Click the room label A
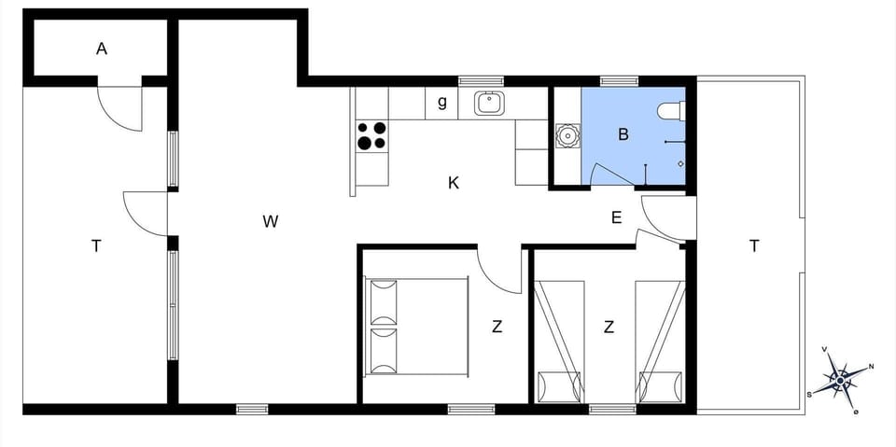[x=102, y=49]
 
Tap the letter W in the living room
[x=271, y=221]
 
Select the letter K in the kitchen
[x=454, y=183]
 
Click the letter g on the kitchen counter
[x=442, y=103]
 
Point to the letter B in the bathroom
[x=623, y=134]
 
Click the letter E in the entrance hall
[x=616, y=218]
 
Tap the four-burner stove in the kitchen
[x=371, y=135]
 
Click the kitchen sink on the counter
[x=488, y=102]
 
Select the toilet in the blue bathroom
[x=671, y=111]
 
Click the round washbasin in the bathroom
[x=567, y=136]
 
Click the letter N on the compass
[x=871, y=367]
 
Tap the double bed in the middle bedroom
[x=416, y=326]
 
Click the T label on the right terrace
[x=754, y=246]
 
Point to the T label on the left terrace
[x=96, y=246]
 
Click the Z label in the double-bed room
[x=497, y=327]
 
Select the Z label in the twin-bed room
[x=609, y=327]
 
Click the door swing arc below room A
[x=121, y=107]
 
